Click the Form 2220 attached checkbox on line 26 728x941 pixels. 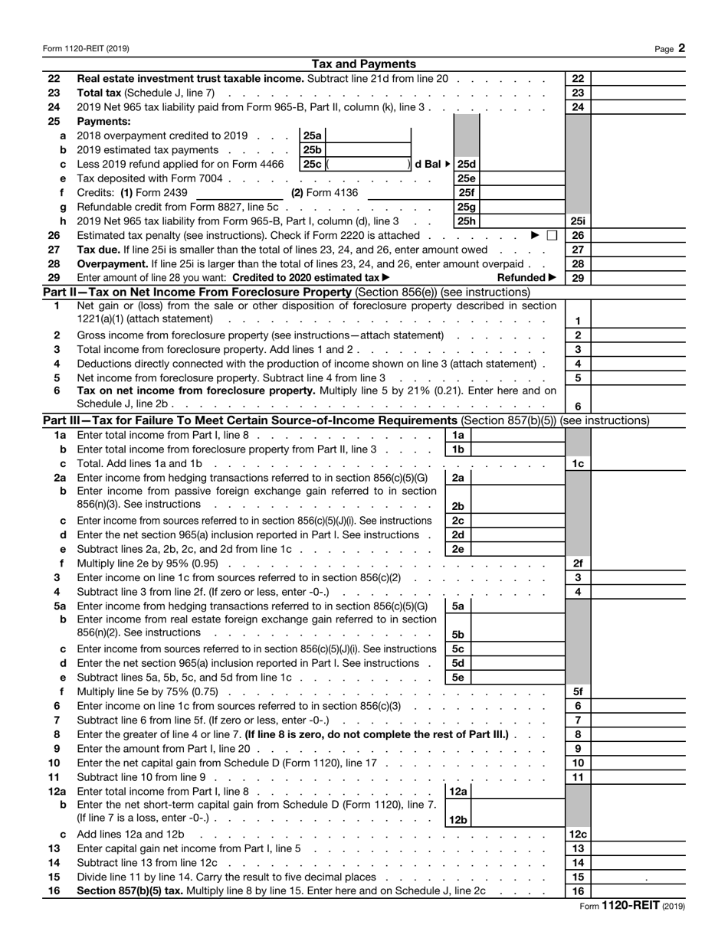552,235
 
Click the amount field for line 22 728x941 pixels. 638,78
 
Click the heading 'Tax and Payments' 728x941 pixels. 364,64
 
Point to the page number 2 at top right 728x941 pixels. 681,48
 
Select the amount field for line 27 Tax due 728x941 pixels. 638,250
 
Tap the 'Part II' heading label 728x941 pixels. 59,292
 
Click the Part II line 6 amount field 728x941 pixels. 638,407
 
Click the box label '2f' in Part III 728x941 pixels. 578,563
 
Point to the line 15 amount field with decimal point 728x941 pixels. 638,877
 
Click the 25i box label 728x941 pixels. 578,221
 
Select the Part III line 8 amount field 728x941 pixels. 638,734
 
